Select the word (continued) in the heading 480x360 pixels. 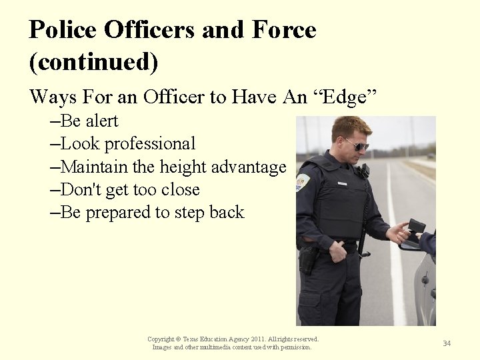(x=94, y=62)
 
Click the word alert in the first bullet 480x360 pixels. (x=101, y=121)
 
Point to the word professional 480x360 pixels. (x=150, y=143)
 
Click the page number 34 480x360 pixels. (x=447, y=343)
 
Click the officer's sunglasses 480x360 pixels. (x=357, y=144)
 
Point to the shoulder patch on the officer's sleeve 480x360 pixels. (x=303, y=181)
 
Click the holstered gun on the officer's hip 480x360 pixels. (x=309, y=258)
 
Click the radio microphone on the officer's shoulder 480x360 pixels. (x=364, y=171)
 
